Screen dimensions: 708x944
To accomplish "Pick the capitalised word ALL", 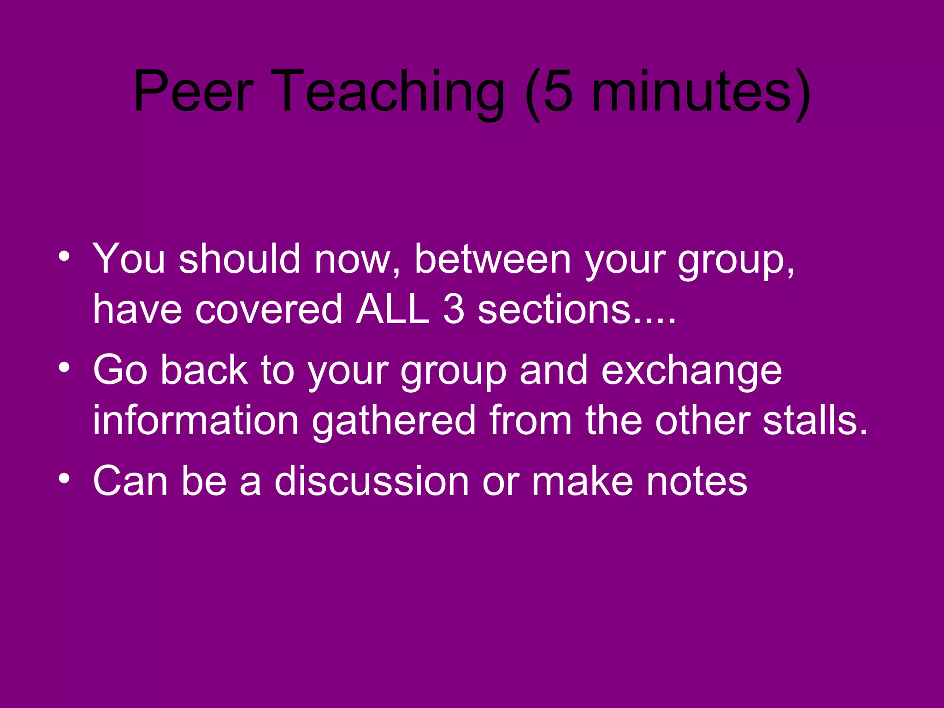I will click(392, 309).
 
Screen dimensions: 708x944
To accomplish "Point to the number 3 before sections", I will click(454, 309).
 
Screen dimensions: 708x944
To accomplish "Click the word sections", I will click(553, 309).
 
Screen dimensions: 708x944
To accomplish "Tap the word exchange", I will click(691, 372).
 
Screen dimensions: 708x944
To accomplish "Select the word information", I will click(196, 420).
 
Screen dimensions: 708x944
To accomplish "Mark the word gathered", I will click(394, 420).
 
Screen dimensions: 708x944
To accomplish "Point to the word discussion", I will click(372, 481).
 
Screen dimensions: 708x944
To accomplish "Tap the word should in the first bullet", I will click(240, 259).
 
